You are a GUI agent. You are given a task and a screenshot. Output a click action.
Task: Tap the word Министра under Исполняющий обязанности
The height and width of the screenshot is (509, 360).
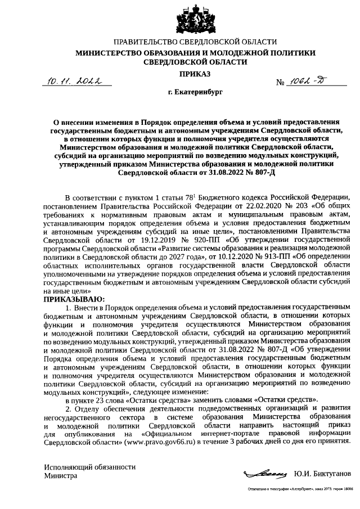tap(60, 476)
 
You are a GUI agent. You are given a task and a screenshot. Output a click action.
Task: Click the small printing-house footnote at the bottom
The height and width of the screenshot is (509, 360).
tap(296, 491)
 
